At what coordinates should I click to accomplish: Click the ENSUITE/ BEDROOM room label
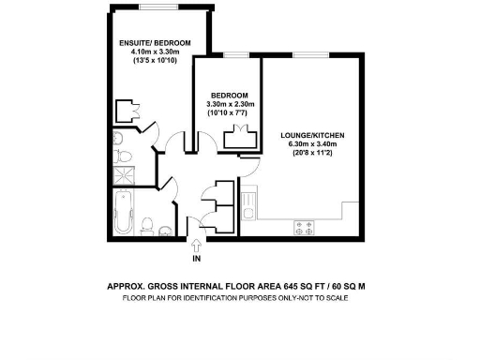155,43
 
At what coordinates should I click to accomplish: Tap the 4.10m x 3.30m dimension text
155,52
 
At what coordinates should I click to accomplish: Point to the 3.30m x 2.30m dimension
229,104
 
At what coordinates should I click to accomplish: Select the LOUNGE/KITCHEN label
312,135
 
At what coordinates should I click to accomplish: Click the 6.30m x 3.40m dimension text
312,144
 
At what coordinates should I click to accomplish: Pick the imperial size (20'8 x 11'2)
312,154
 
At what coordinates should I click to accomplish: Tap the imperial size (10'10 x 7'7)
229,113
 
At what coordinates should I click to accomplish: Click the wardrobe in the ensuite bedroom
125,112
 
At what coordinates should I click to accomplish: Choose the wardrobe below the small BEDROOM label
240,138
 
